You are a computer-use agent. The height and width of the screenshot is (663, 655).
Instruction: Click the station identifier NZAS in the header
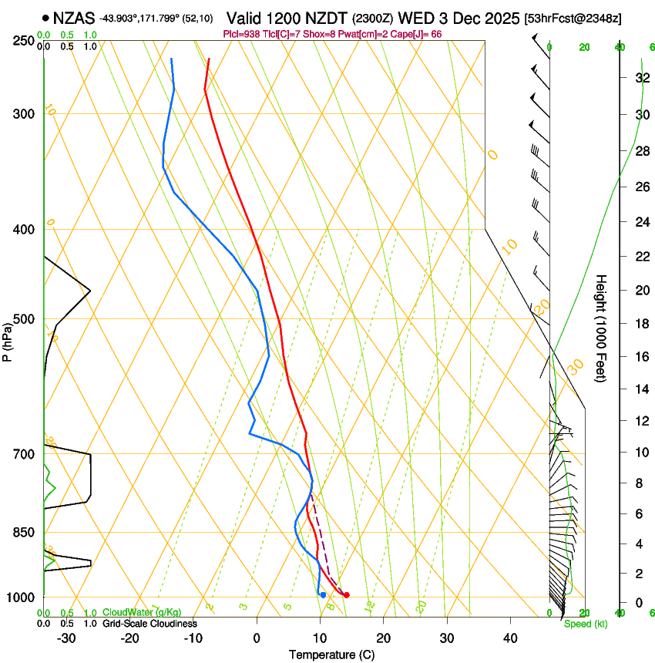pos(74,17)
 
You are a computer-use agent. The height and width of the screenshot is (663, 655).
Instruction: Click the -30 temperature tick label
pos(65,638)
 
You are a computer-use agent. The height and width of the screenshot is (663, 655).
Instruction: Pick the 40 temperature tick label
pos(509,638)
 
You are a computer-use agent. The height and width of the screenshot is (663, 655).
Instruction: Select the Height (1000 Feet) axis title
pos(602,328)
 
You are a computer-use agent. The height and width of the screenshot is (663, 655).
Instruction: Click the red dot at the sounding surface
pos(347,594)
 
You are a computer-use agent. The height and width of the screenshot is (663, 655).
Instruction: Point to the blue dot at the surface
pos(323,594)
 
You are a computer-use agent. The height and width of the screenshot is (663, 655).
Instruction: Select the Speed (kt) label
pos(585,624)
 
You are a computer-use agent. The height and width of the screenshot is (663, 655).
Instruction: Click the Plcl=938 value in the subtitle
pos(240,35)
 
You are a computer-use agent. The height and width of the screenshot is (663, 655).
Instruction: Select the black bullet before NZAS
pos(47,17)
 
